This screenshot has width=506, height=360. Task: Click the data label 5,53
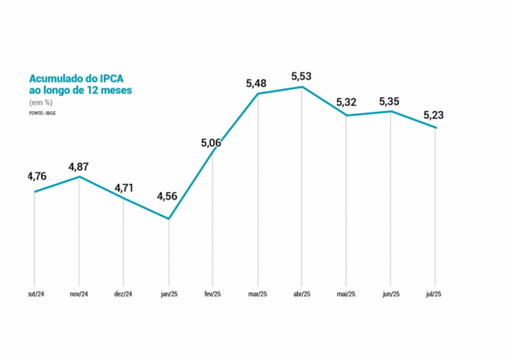pos(302,77)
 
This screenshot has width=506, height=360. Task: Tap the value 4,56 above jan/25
pos(168,196)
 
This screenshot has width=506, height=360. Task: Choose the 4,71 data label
pos(125,188)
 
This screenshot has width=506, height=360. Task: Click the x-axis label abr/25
pos(302,293)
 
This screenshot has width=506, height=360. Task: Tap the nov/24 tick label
pos(79,293)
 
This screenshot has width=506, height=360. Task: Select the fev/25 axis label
pos(212,293)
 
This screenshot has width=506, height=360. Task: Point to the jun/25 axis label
pos(390,293)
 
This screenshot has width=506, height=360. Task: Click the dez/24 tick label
pos(124,293)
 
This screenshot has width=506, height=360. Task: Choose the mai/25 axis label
pos(346,293)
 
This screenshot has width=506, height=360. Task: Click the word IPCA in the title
pos(117,78)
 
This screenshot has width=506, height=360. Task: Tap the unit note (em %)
pos(41,102)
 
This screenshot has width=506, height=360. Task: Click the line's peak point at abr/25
pos(302,87)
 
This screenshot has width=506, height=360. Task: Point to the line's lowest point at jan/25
pos(169,219)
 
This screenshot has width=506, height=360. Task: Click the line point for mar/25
pos(258,94)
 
